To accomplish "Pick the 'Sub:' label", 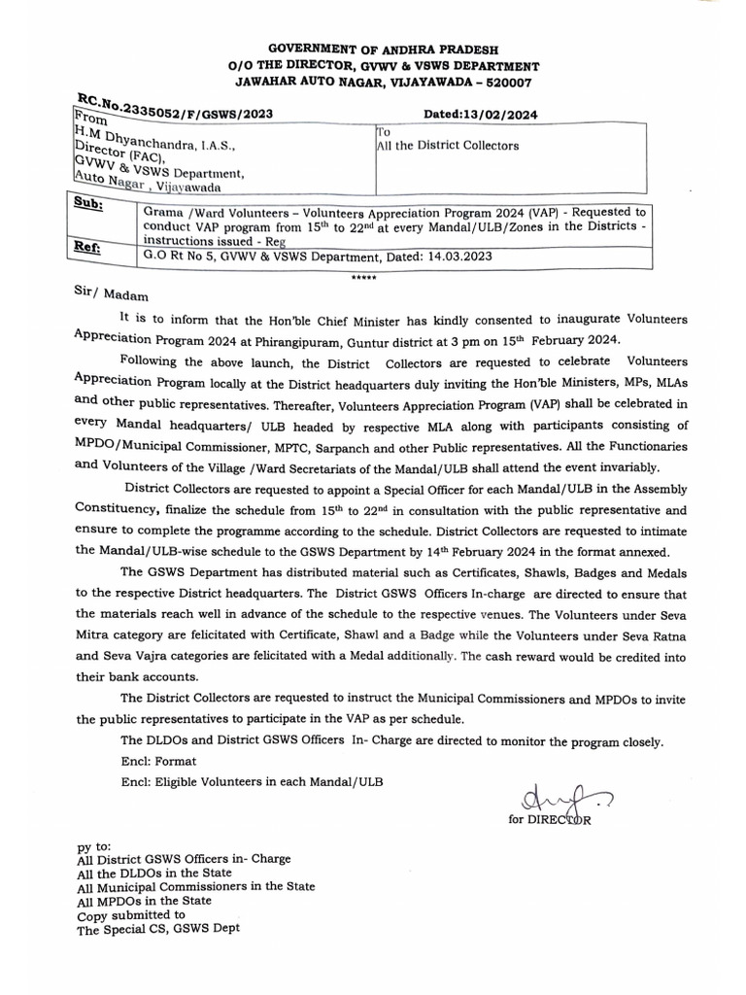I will [90, 207].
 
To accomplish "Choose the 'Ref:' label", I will [89, 249].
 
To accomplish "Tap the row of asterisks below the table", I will [363, 277].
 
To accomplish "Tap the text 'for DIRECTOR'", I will [549, 820].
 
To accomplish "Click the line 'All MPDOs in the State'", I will [144, 901].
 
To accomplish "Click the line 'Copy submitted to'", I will [131, 915].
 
